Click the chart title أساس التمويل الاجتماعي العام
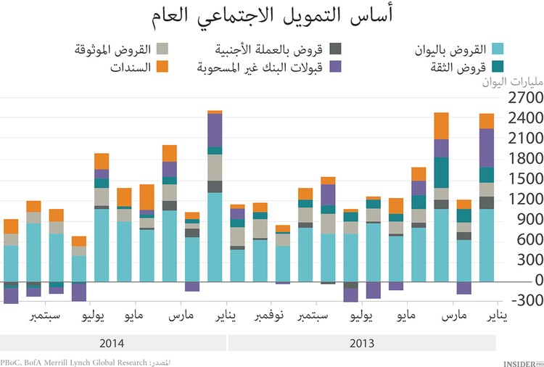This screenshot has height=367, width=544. coord(272,16)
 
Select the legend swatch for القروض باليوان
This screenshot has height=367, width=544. coord(498,49)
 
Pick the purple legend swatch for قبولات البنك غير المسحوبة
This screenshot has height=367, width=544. coord(335,67)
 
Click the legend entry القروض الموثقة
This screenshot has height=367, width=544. coord(113,49)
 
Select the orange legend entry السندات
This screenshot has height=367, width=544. coord(131,67)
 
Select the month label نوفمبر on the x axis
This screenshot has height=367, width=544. coord(271,316)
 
